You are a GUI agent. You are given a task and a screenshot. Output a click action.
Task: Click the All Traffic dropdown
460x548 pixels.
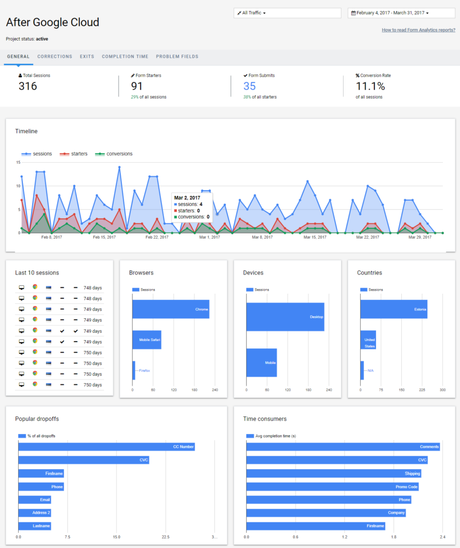pos(287,13)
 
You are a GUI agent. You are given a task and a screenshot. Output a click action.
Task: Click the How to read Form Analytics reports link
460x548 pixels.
pos(418,30)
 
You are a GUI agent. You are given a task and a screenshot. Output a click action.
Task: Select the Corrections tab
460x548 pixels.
pos(54,57)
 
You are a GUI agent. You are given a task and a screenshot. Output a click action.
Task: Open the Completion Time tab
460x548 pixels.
pos(125,57)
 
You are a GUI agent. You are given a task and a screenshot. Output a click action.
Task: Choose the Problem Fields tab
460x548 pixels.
pos(177,57)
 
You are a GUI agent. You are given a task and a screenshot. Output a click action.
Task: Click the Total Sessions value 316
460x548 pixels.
pos(28,86)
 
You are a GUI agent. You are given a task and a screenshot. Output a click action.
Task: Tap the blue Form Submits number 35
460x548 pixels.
pos(250,86)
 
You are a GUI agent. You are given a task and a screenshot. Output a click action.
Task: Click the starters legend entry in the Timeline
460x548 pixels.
pos(73,154)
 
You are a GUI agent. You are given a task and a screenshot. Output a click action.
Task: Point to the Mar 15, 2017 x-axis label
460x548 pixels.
pos(315,237)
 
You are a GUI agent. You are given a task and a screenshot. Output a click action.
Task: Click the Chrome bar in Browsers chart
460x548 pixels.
pos(170,310)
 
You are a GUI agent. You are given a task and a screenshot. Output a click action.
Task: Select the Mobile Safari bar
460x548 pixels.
pos(146,340)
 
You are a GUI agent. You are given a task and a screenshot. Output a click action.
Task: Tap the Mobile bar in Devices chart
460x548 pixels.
pos(261,362)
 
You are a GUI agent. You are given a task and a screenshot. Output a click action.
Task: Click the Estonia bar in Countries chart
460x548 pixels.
pos(394,310)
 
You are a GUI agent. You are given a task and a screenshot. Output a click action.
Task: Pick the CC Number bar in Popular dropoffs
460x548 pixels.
pos(106,447)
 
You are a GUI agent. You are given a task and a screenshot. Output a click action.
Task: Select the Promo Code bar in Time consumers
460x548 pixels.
pos(332,486)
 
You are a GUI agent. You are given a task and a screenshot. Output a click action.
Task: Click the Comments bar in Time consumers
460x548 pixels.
pos(342,447)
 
